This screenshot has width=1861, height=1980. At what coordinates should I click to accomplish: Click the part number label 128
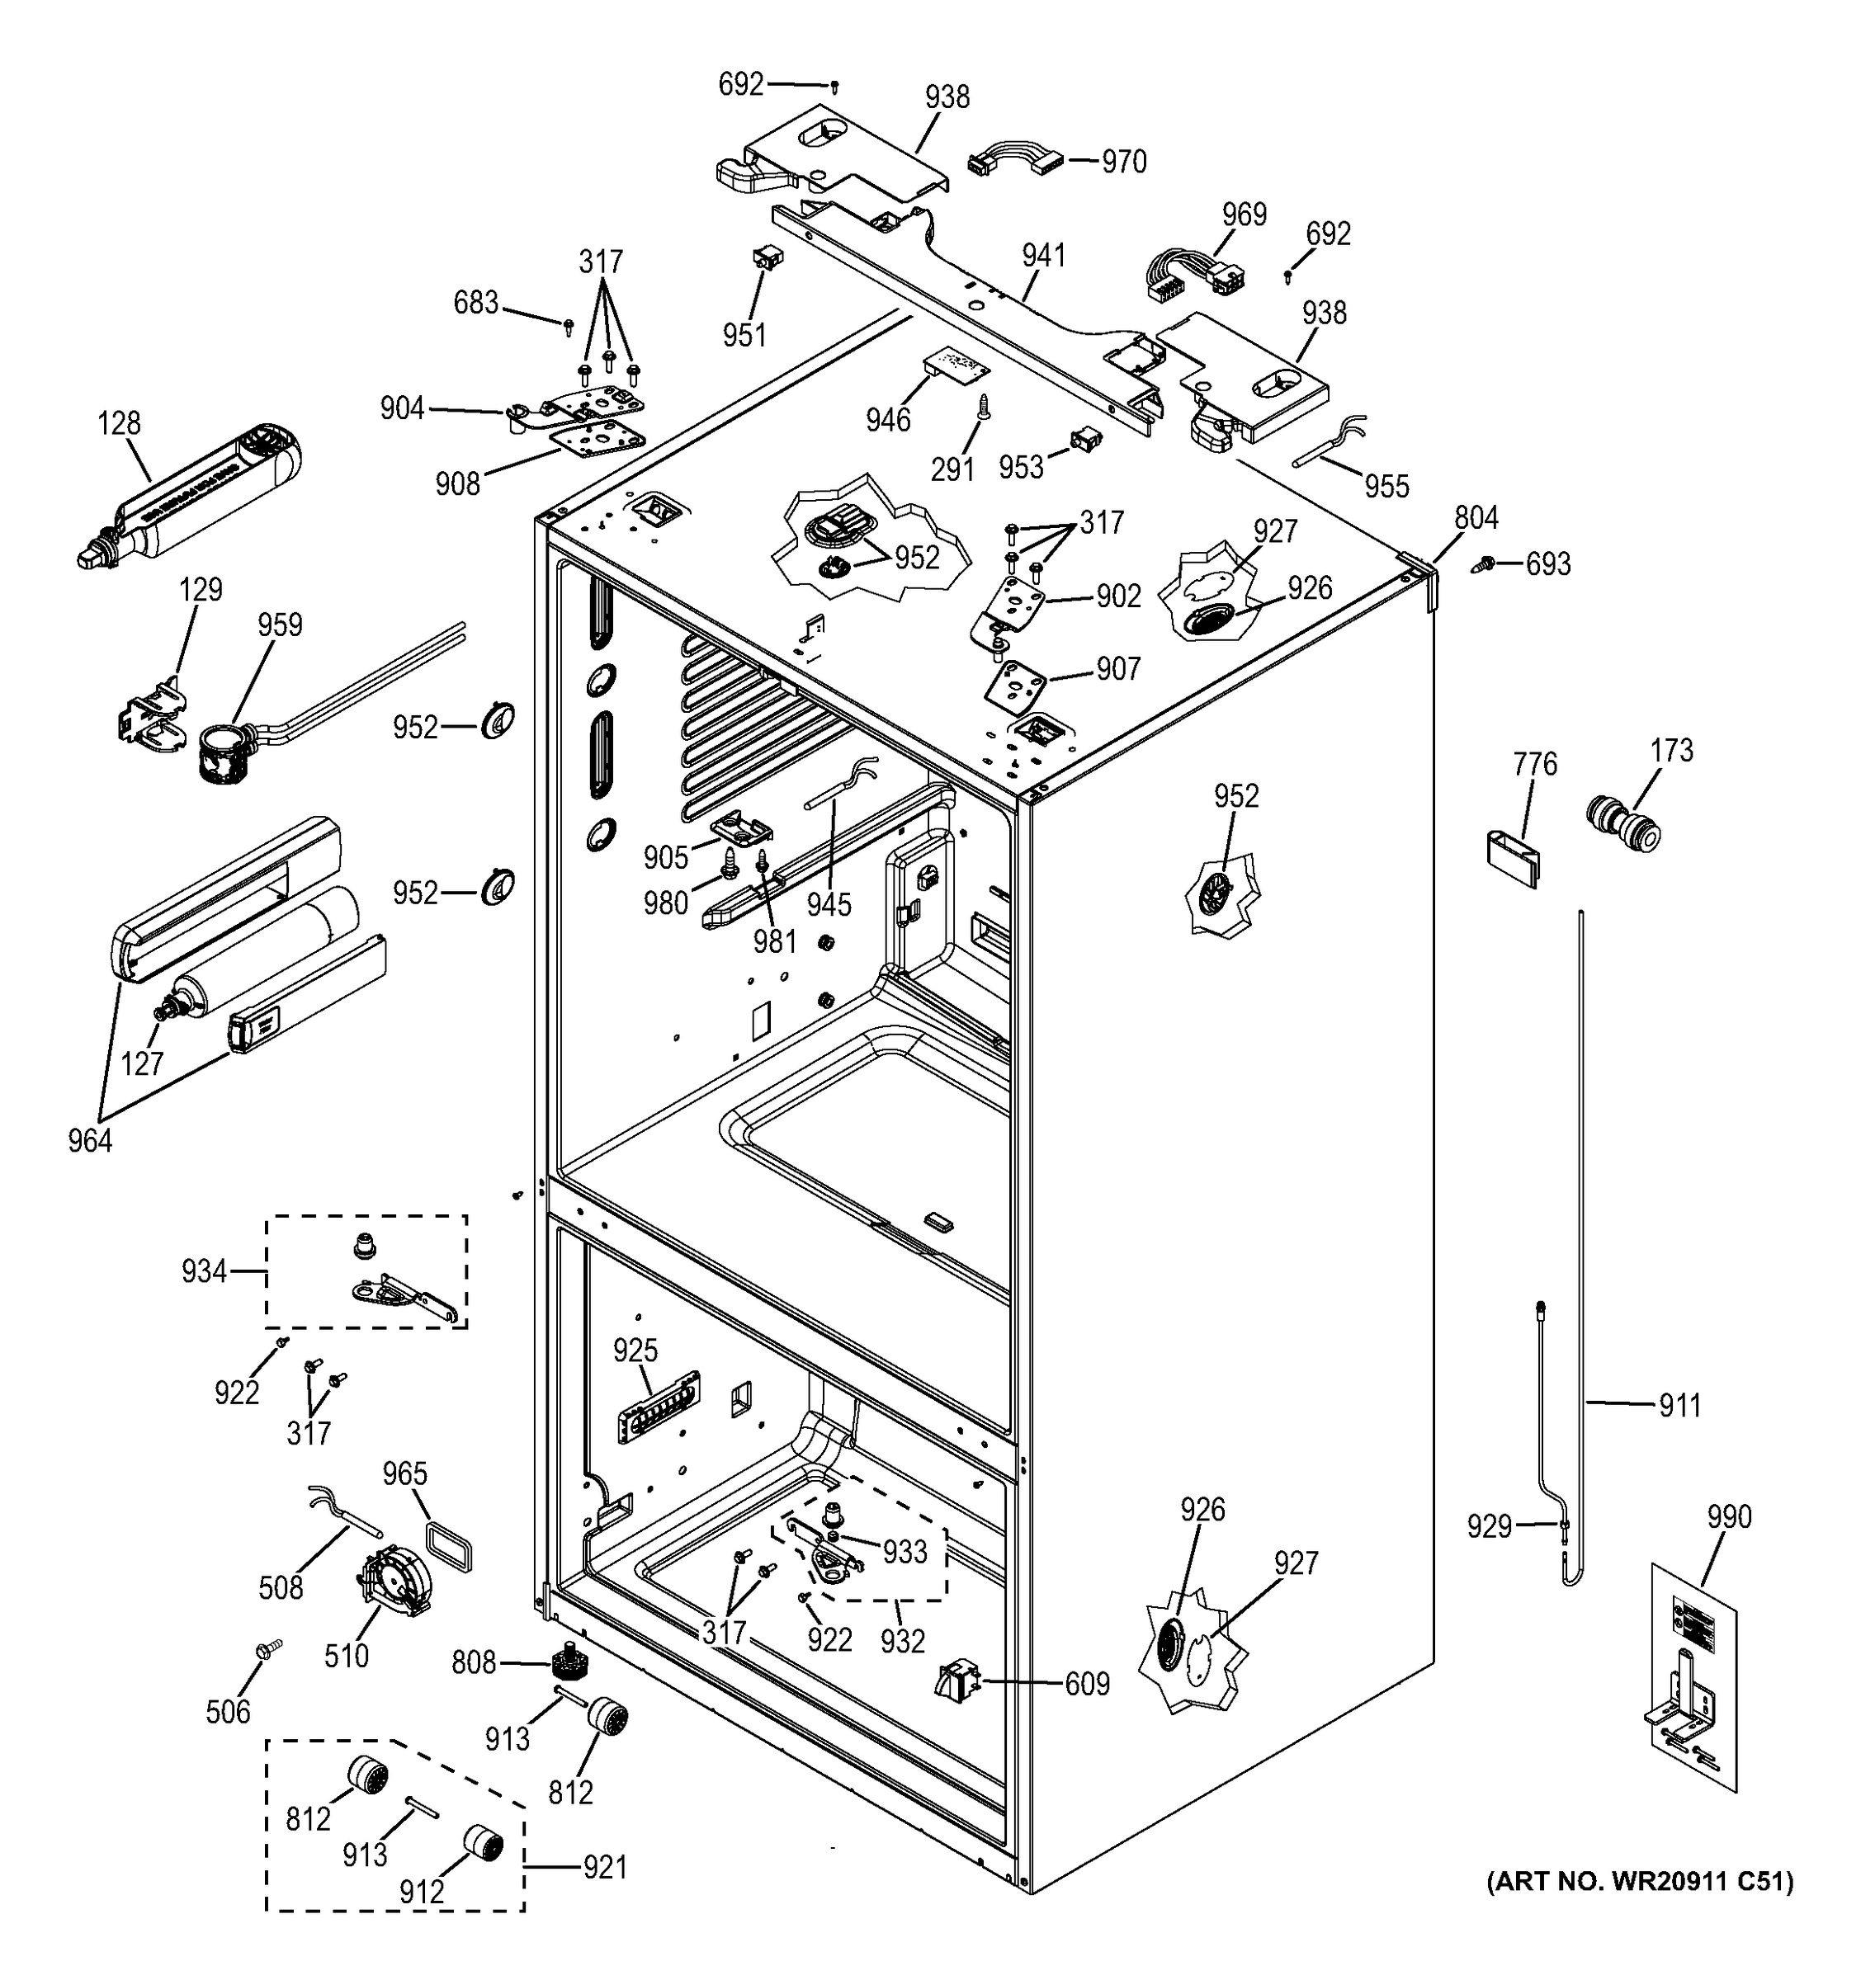pyautogui.click(x=119, y=423)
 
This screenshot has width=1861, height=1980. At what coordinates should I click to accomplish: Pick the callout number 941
pyautogui.click(x=1043, y=256)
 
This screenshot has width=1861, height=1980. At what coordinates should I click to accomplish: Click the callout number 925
pyautogui.click(x=635, y=1350)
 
